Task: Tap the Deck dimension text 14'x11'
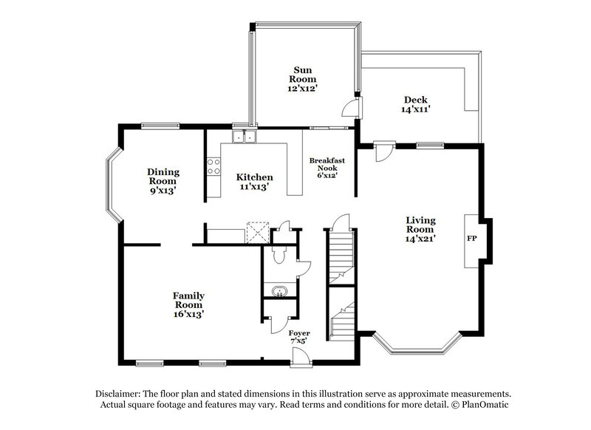415,109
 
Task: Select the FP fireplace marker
471,240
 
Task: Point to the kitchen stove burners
214,167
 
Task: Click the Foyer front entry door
300,358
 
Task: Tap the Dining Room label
163,177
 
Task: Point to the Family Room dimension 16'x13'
188,314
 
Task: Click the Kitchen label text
254,177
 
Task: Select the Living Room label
420,225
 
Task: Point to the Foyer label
299,333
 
